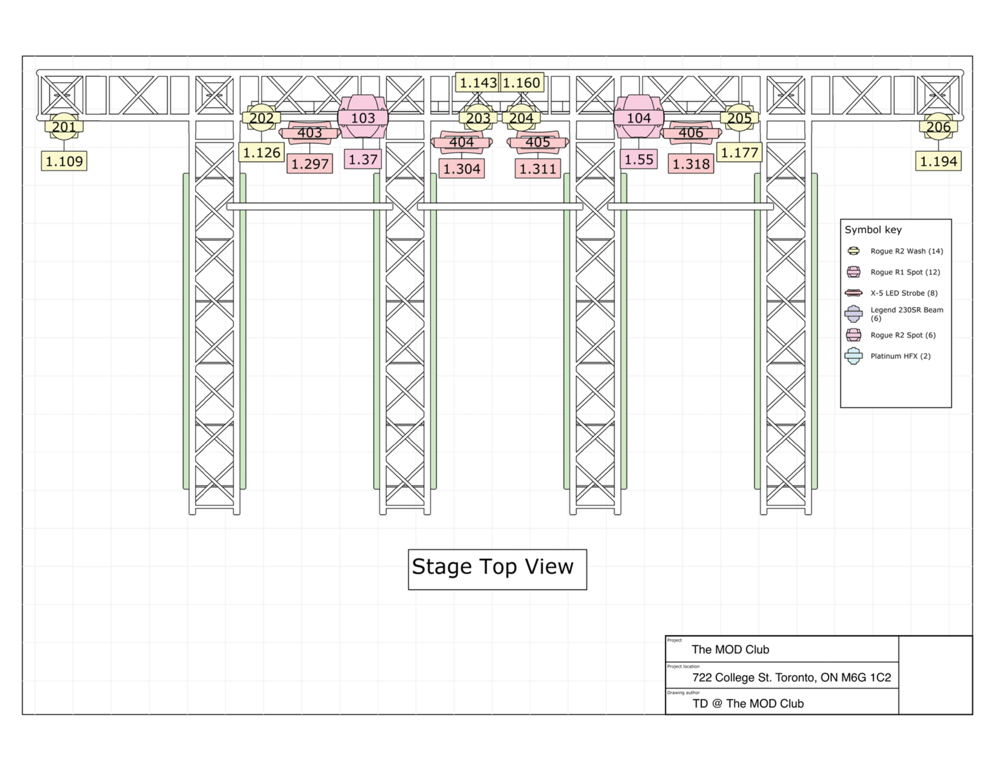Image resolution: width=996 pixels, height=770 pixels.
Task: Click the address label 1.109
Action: pyautogui.click(x=64, y=161)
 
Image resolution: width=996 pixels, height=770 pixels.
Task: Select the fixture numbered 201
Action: pyautogui.click(x=64, y=126)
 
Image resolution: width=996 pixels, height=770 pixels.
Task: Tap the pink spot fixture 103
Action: pyautogui.click(x=363, y=117)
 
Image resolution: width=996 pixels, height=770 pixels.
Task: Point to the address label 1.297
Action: pyautogui.click(x=310, y=164)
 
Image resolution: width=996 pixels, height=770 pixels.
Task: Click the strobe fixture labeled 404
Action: pyautogui.click(x=461, y=142)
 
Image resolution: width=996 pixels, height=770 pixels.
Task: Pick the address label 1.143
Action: pyautogui.click(x=478, y=82)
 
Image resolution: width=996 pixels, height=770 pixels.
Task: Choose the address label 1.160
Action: pyautogui.click(x=522, y=82)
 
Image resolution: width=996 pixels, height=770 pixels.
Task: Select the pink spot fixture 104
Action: pyautogui.click(x=638, y=117)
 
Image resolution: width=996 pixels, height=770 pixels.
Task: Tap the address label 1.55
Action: pyautogui.click(x=638, y=159)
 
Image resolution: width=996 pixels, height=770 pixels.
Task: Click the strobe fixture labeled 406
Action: pyautogui.click(x=691, y=133)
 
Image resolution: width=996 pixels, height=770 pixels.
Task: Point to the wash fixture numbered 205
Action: pyautogui.click(x=739, y=118)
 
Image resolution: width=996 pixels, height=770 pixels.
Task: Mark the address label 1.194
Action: pyautogui.click(x=938, y=161)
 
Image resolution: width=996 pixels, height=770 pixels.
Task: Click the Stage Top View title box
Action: pyautogui.click(x=498, y=569)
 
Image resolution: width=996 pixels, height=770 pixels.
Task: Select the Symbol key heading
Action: pyautogui.click(x=873, y=230)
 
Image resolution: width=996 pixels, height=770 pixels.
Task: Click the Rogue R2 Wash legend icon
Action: pyautogui.click(x=853, y=251)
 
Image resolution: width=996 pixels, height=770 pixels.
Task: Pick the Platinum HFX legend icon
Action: pyautogui.click(x=853, y=356)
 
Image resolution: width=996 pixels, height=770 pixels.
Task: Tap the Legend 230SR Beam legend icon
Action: pyautogui.click(x=853, y=314)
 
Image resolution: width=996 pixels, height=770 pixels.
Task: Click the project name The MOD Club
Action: pyautogui.click(x=730, y=650)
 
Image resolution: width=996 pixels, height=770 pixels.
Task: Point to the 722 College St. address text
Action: pyautogui.click(x=791, y=678)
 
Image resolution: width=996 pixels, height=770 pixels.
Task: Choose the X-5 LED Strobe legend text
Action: pyautogui.click(x=904, y=293)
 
